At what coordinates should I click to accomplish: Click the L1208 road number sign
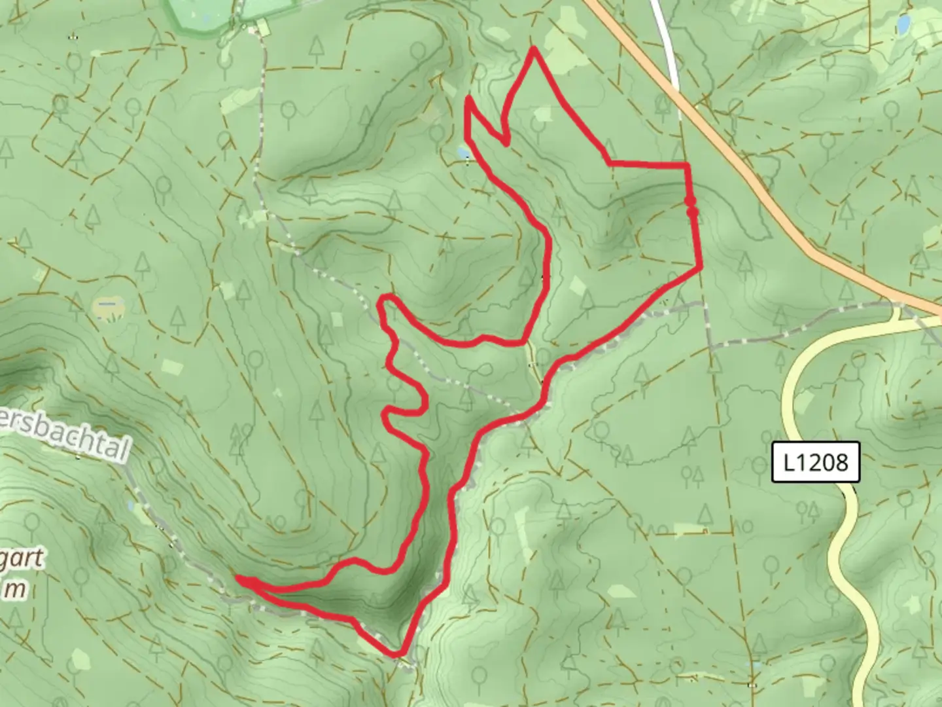pyautogui.click(x=815, y=463)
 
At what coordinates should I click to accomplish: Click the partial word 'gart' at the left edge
pyautogui.click(x=23, y=560)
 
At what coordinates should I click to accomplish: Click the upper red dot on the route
pyautogui.click(x=689, y=201)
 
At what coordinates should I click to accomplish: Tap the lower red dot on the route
pyautogui.click(x=692, y=211)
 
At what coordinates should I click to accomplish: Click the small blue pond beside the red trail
pyautogui.click(x=463, y=153)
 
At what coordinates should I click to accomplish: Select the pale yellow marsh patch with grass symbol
pyautogui.click(x=108, y=306)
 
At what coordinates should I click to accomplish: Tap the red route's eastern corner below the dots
pyautogui.click(x=701, y=266)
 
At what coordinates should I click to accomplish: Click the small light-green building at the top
pyautogui.click(x=262, y=27)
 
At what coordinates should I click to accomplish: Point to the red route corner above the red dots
pyautogui.click(x=688, y=166)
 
